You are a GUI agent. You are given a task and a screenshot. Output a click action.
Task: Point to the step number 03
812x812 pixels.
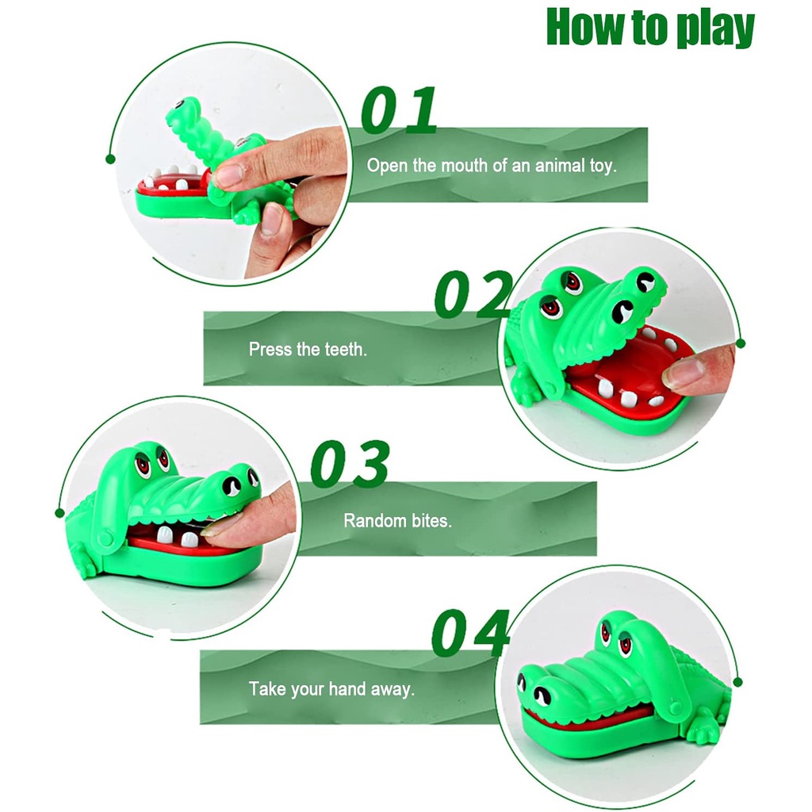pyautogui.click(x=350, y=463)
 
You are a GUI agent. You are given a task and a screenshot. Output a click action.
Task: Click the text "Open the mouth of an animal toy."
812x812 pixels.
pyautogui.click(x=492, y=166)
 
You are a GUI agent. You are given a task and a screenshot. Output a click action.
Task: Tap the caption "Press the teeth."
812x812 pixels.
pyautogui.click(x=308, y=349)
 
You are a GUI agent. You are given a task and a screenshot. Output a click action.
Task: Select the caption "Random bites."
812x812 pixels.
pyautogui.click(x=398, y=520)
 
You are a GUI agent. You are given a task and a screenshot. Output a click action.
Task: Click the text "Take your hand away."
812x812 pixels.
pyautogui.click(x=331, y=689)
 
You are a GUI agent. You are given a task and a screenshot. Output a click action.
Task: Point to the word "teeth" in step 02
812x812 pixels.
pyautogui.click(x=346, y=349)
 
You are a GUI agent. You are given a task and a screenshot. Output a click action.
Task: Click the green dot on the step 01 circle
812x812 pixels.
pyautogui.click(x=110, y=159)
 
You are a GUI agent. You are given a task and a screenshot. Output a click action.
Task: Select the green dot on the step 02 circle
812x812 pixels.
pyautogui.click(x=741, y=343)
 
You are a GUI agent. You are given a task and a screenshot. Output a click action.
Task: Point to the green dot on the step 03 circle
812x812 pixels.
pyautogui.click(x=59, y=513)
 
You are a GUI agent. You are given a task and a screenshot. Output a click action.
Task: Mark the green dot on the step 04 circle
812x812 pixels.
pyautogui.click(x=738, y=683)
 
